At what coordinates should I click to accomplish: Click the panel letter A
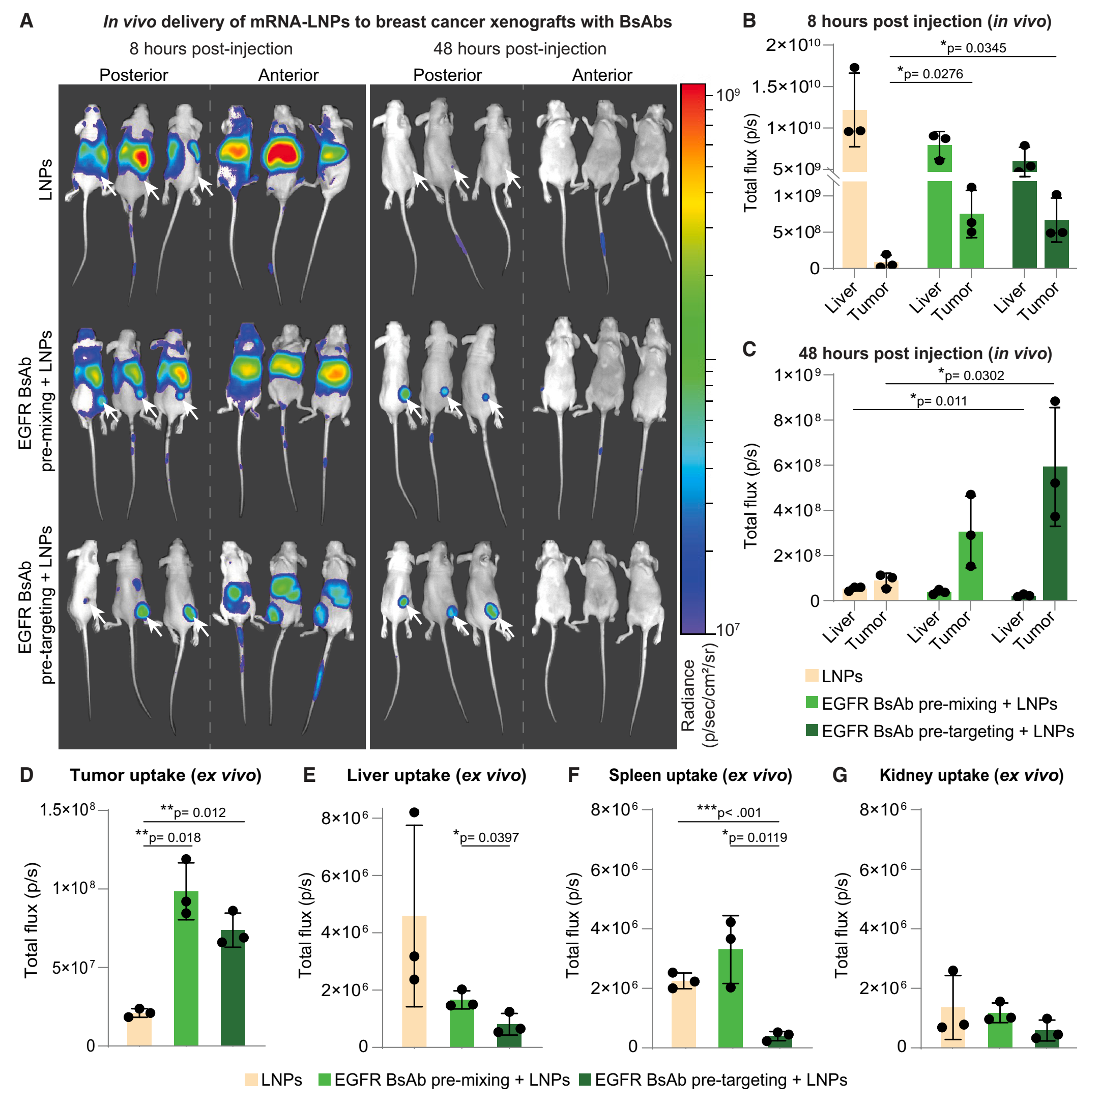(26, 22)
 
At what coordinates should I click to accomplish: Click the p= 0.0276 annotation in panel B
(931, 73)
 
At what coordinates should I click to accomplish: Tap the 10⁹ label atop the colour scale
(728, 95)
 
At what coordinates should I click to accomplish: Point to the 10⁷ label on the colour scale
(728, 630)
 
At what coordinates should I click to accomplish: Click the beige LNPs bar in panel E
(414, 980)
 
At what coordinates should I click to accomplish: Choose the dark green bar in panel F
(777, 1040)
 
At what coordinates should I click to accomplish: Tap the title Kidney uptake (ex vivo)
(971, 775)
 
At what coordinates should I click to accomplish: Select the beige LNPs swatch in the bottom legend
(251, 1080)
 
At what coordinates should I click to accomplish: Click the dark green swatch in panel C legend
(811, 731)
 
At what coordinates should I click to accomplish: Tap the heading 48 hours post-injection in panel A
(519, 49)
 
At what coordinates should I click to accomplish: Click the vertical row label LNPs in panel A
(46, 180)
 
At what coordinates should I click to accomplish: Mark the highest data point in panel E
(414, 812)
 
